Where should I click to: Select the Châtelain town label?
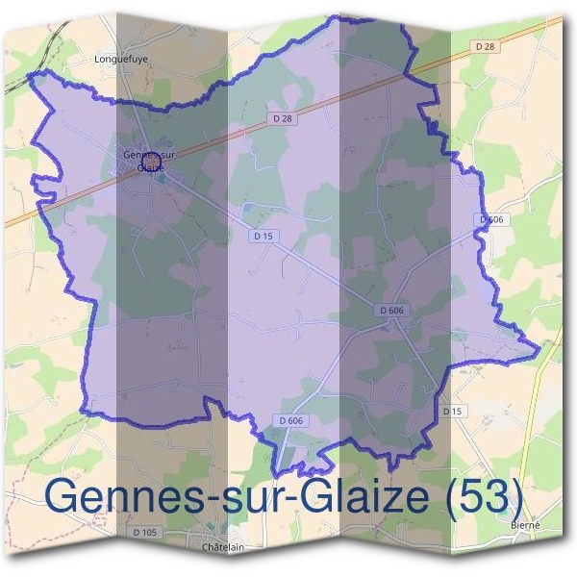point(220,547)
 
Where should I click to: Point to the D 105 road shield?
point(146,532)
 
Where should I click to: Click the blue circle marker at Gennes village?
point(149,159)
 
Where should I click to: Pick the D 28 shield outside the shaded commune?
point(485,46)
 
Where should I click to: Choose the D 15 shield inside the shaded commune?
point(263,235)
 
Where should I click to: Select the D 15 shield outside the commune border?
point(453,411)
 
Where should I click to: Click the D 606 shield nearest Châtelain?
point(291,421)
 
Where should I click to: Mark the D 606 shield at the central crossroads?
point(391,310)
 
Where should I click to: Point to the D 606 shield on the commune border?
point(491,220)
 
